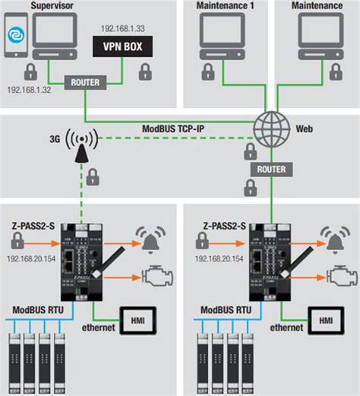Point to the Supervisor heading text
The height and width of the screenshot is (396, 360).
coord(52,6)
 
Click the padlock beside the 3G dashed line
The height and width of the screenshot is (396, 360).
coord(92,178)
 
